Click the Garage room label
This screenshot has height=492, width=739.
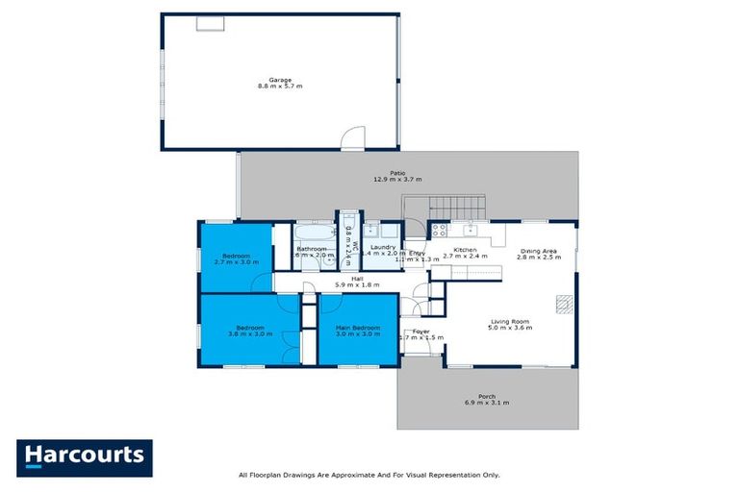click(279, 83)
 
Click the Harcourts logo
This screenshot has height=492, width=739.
click(85, 456)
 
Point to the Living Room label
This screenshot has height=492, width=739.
click(510, 324)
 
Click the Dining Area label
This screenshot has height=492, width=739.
click(538, 254)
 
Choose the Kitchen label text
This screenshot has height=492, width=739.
click(466, 254)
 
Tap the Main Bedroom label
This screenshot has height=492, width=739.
click(358, 331)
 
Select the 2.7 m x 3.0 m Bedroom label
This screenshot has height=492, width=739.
click(235, 258)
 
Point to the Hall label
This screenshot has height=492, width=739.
click(356, 282)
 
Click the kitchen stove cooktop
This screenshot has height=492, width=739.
click(439, 230)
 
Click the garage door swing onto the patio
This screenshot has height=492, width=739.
click(356, 139)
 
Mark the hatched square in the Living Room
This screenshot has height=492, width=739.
click(563, 304)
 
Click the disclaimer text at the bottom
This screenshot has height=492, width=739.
click(369, 475)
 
